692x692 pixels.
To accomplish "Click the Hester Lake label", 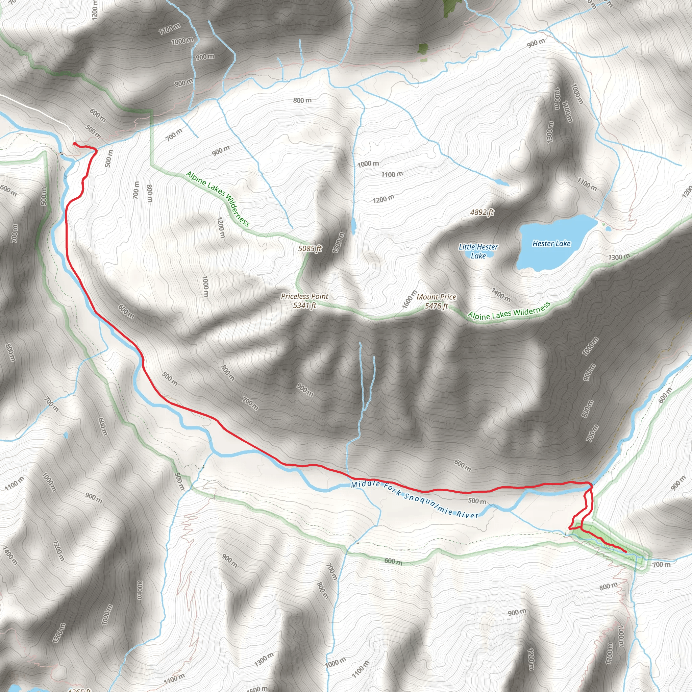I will click(551, 244).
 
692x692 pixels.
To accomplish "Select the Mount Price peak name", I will click(436, 297).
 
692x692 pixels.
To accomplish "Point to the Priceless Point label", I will click(304, 296).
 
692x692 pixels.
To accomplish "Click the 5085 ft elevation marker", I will click(310, 248).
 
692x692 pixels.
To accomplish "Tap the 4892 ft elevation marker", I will click(482, 212).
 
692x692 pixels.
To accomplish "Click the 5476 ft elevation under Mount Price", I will click(436, 306).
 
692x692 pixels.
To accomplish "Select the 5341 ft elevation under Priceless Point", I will click(304, 305).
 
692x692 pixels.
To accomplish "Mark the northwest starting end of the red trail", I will click(74, 144).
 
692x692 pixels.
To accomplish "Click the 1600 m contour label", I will click(410, 299).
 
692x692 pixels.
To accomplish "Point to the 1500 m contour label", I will click(257, 689).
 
